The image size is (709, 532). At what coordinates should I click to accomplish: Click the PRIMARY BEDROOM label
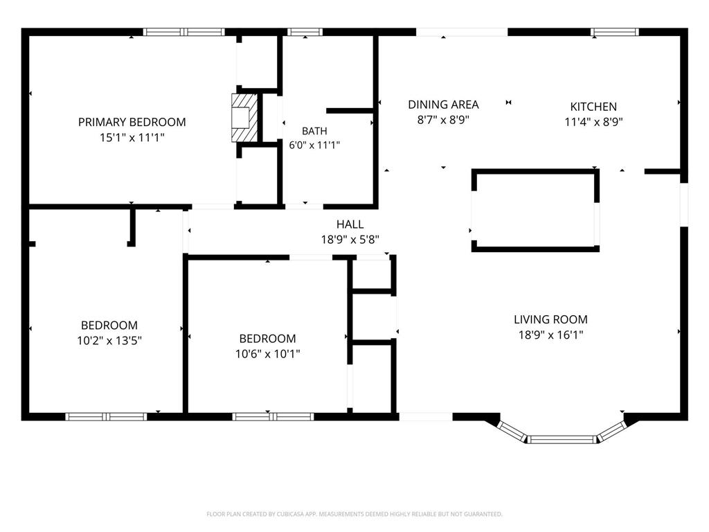132,122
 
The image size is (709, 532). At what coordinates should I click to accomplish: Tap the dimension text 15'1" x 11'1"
132,138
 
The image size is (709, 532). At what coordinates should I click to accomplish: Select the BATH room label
315,131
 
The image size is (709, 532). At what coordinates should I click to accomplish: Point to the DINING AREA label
443,105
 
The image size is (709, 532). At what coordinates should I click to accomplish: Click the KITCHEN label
593,107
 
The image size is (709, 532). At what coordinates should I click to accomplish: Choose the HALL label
350,224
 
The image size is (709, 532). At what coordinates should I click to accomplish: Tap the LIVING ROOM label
550,319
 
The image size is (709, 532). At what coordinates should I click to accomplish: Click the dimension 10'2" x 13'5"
109,341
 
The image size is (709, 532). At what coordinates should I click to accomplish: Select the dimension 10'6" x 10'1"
268,354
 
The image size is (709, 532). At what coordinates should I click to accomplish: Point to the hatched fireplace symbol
244,118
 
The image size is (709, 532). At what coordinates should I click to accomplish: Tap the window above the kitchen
615,32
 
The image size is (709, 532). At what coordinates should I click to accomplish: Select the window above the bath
305,32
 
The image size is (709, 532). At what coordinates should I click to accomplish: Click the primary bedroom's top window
184,32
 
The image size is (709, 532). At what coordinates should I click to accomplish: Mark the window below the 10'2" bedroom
106,416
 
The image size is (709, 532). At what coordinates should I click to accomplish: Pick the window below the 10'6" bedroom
273,416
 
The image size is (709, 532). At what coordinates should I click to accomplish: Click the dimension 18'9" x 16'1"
550,335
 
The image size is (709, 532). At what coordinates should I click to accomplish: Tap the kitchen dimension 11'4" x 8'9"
593,122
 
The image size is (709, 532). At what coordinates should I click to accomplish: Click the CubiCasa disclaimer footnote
354,514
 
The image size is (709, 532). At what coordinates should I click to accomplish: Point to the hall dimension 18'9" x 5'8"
350,240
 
